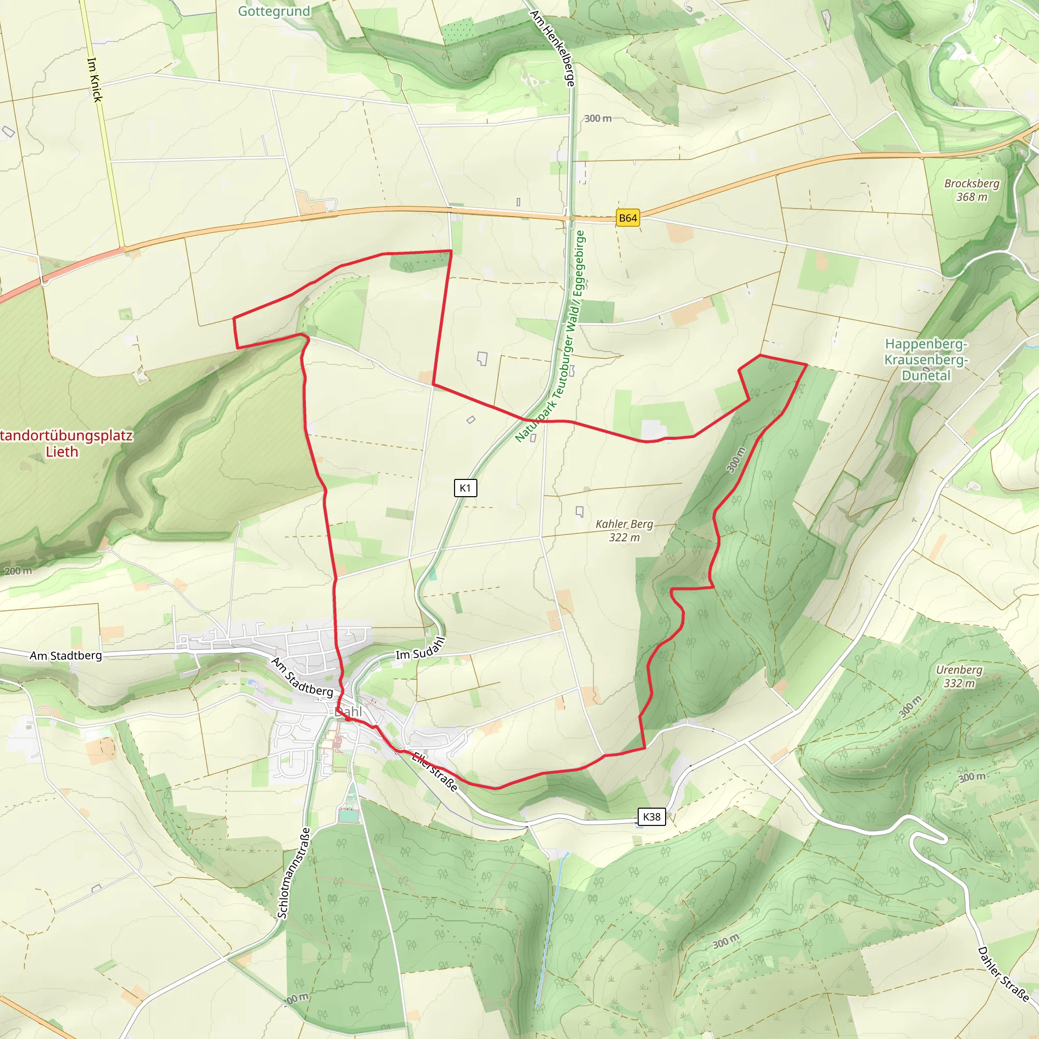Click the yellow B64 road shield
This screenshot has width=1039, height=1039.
click(x=628, y=218)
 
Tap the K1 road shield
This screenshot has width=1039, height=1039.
click(x=465, y=488)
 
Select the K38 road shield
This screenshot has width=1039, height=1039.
click(x=651, y=816)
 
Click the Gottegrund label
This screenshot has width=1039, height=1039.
click(x=274, y=11)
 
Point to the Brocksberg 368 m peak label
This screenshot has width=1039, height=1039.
click(x=971, y=190)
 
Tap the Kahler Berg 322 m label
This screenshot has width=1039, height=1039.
click(x=624, y=530)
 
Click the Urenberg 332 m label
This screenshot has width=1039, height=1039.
click(x=959, y=676)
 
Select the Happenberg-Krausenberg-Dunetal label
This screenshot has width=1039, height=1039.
click(x=926, y=359)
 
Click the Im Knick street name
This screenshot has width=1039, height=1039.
click(x=95, y=80)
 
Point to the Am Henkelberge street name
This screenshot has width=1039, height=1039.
click(x=553, y=48)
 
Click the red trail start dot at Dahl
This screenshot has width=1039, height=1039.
click(x=348, y=718)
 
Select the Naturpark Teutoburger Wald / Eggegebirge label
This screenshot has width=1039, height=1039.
click(x=549, y=336)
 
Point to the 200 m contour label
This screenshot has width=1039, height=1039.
click(x=18, y=571)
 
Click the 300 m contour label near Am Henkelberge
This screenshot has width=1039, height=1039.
click(x=598, y=118)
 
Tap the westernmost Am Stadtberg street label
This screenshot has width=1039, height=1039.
click(x=65, y=655)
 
